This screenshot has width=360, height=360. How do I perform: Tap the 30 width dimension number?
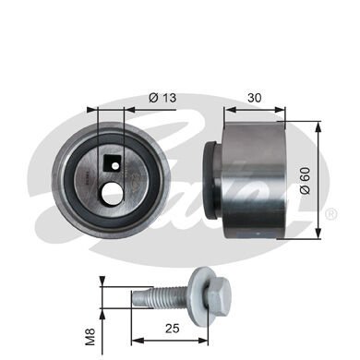[256, 95]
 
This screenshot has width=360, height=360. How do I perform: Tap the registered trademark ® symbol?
[330, 214]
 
